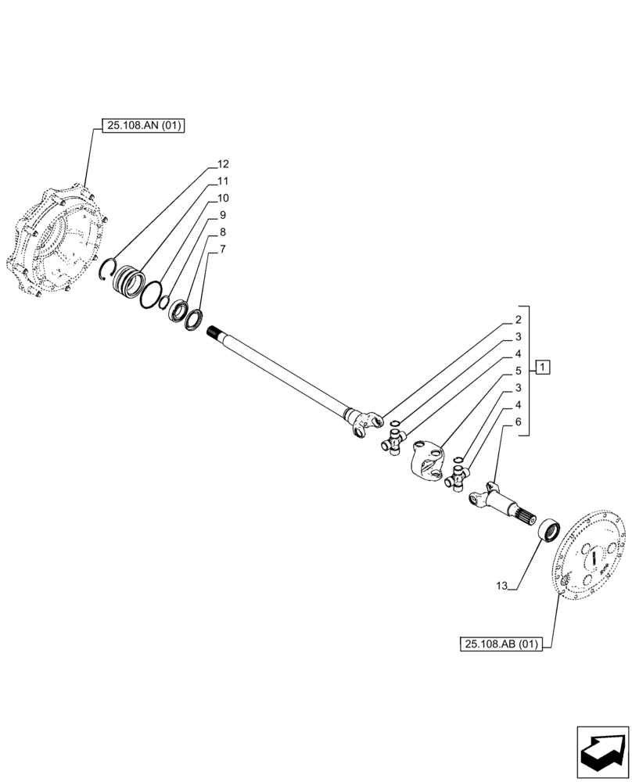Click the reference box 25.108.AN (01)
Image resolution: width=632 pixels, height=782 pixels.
click(x=142, y=125)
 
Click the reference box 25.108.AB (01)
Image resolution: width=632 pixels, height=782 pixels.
click(x=501, y=644)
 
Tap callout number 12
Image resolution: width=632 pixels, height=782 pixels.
click(x=223, y=164)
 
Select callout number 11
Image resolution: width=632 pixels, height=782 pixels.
click(x=223, y=181)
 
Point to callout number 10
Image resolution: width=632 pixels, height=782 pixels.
click(x=223, y=198)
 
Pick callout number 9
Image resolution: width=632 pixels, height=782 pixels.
click(x=223, y=215)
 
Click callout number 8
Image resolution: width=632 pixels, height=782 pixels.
click(x=223, y=232)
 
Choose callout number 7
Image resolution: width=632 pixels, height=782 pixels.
click(x=223, y=249)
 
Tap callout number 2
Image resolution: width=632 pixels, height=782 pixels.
click(x=518, y=320)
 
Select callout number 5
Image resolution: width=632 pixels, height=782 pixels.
click(x=518, y=371)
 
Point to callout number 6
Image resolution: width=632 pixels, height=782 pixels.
click(x=518, y=422)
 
